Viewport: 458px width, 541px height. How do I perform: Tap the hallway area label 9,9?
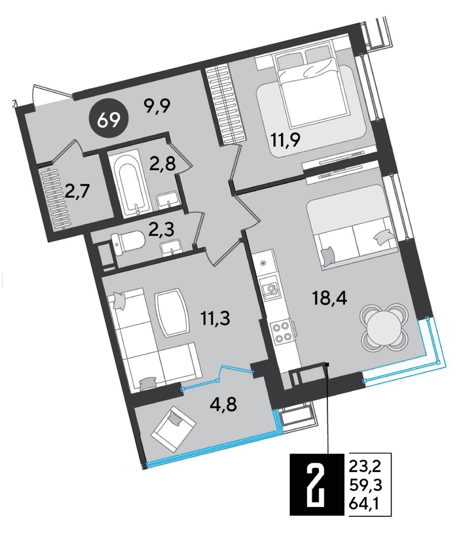pos(157,105)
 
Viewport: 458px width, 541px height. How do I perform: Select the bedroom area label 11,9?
pos(285,140)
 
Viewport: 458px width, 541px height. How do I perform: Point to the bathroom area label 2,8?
pos(162,164)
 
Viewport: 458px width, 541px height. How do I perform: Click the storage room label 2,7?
pos(77,191)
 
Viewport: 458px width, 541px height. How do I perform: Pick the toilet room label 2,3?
pos(161,229)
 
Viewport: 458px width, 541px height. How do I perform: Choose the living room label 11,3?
pos(215,318)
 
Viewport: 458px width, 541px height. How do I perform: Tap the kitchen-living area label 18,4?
pos(329,298)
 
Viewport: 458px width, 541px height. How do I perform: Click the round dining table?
pos(384,327)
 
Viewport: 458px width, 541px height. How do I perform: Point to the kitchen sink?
pos(269,289)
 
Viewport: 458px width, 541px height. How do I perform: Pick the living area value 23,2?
pos(364,466)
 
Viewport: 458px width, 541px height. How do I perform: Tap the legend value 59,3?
pos(365,485)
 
